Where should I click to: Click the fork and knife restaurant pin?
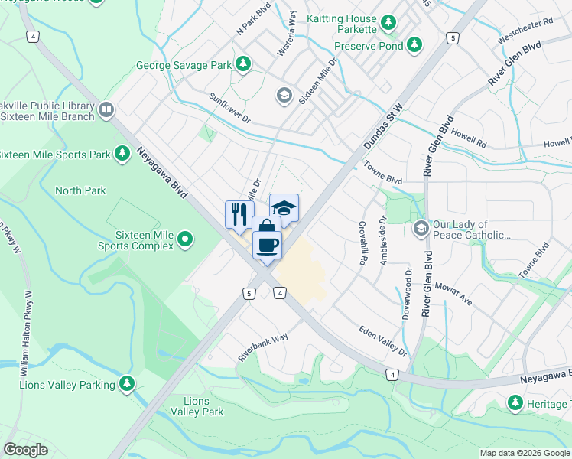(x=239, y=213)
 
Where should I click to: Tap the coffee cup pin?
(x=267, y=245)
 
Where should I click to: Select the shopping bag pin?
(x=266, y=227)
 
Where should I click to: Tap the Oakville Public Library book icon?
(x=106, y=111)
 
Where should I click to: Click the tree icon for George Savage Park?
(x=243, y=64)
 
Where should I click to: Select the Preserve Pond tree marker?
(x=414, y=44)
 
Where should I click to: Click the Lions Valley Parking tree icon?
(x=127, y=384)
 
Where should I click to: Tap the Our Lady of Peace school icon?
(x=421, y=229)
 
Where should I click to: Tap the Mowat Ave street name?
(x=453, y=295)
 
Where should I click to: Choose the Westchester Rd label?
(x=525, y=31)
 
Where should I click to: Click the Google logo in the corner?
(x=27, y=450)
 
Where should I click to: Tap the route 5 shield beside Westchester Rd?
(x=453, y=37)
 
